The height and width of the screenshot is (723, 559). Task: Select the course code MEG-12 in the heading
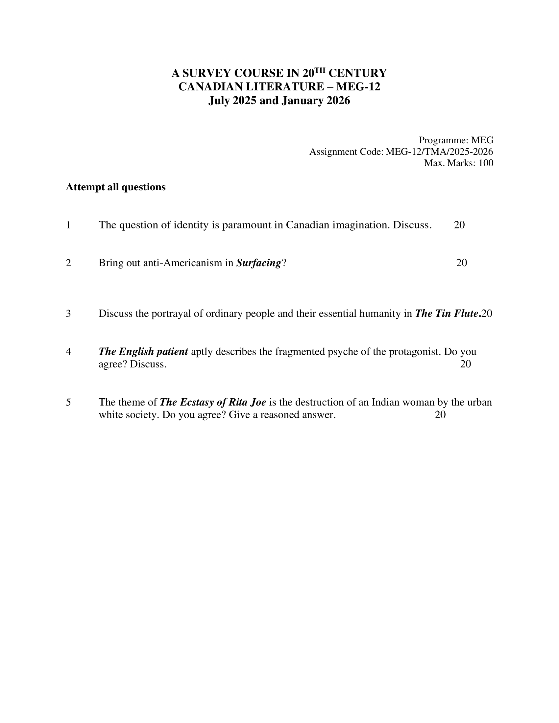coord(358,87)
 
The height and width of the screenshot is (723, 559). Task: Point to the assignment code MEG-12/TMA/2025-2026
coord(439,152)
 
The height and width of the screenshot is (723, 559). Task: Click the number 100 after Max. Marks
coord(486,163)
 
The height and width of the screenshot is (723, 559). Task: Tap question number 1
coord(68,225)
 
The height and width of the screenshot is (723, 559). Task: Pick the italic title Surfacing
coord(259,263)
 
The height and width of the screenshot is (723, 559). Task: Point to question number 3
coord(68,314)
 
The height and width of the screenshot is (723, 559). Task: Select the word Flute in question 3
coord(467,314)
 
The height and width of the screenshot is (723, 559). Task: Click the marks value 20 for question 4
coord(466,364)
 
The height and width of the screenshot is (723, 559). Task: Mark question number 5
coord(68,402)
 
